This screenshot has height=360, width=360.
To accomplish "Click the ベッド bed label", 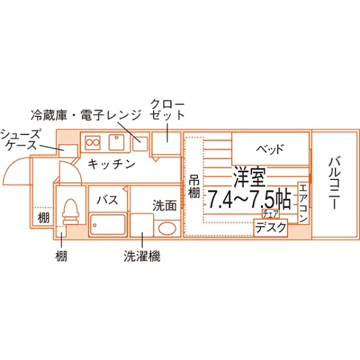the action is [270, 149].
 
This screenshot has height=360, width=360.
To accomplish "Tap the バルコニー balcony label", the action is [334, 183].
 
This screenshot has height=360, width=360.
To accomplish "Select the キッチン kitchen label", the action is [111, 164].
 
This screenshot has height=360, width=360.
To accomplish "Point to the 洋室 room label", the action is [249, 177].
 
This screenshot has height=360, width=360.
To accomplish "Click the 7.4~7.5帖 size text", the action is [249, 199].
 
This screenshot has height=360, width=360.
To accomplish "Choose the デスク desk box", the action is [271, 228].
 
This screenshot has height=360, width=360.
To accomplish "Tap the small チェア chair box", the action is [271, 213].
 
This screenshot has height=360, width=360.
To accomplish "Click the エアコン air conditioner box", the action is [303, 203].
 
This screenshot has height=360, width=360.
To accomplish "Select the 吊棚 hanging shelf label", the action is [194, 188].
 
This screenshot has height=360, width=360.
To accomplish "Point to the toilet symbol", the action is [71, 212].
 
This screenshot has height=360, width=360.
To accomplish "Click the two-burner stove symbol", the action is [93, 143].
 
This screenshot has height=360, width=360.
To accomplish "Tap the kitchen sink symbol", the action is [116, 142].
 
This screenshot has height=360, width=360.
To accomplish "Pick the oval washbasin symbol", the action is [167, 228].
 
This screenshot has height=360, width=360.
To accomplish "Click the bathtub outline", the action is [108, 224].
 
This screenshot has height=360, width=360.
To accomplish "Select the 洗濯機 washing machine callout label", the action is [142, 256].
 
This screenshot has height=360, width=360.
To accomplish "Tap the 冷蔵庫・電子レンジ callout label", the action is [85, 115].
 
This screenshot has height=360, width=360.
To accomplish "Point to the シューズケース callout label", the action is [21, 139].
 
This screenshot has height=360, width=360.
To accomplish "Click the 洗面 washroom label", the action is [165, 206].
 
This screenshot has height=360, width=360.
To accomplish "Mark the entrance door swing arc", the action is [13, 165].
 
